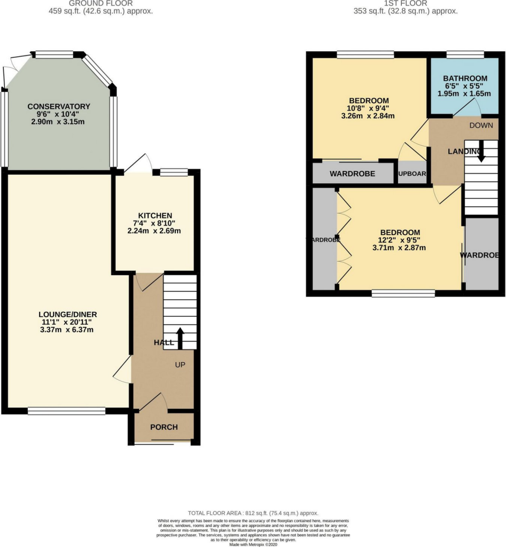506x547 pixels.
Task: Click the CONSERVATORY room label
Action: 59,106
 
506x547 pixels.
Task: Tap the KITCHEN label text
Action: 154,215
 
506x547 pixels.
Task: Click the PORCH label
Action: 164,427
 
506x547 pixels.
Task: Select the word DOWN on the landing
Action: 480,126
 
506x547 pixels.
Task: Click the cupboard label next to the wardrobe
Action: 411,174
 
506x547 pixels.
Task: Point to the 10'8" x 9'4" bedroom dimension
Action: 369,108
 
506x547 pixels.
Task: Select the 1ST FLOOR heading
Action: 406,3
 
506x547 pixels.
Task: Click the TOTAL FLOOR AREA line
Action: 253,513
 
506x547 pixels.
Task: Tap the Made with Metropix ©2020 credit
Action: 253,544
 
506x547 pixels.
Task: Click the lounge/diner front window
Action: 67,411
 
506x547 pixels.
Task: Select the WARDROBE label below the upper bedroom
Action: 352,174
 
